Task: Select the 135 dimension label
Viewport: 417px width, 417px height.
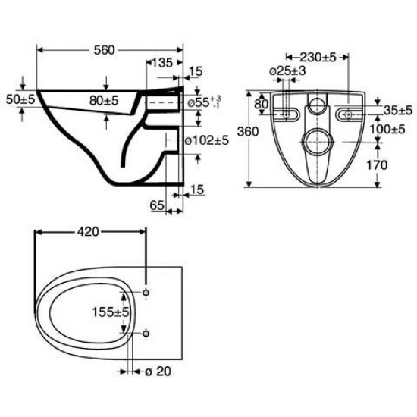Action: tap(163, 61)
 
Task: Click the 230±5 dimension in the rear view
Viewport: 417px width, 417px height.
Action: tap(316, 56)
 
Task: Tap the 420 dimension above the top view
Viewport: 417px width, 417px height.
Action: tap(88, 233)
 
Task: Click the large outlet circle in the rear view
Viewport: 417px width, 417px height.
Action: tap(317, 140)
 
